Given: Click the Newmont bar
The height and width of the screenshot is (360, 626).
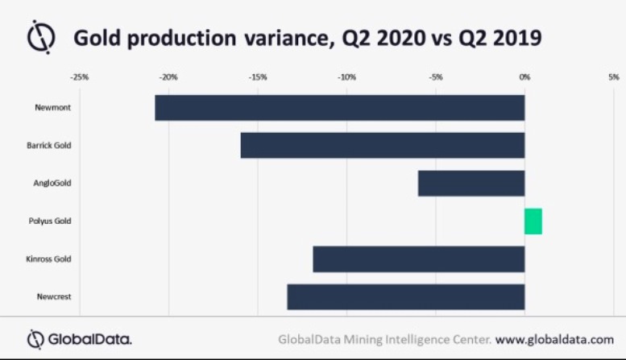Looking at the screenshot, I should tap(339, 108).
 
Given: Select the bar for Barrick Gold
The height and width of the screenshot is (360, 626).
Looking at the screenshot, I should tap(382, 145).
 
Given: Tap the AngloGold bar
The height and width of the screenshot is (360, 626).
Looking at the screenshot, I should tap(471, 183).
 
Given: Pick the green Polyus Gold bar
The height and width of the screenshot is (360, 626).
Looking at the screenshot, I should tap(533, 221).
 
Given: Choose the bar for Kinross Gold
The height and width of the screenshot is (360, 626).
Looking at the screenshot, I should tap(418, 259).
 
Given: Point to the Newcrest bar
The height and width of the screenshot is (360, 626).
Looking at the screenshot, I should tap(405, 296).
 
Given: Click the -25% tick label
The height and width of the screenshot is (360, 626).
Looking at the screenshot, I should tap(79, 77).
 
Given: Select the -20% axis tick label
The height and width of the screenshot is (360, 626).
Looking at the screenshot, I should tap(168, 77).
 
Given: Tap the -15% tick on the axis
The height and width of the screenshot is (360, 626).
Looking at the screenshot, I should tap(257, 77).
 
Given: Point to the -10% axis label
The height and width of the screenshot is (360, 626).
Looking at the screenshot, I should tap(346, 77).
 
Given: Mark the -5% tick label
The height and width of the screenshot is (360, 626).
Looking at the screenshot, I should tap(435, 77).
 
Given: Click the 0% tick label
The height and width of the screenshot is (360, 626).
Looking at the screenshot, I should tap(524, 77).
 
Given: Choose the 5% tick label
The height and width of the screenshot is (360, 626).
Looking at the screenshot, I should tap(613, 77).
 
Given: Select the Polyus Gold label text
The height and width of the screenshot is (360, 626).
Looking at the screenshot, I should tap(51, 221).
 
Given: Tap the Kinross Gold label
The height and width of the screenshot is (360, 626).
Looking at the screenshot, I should tap(50, 259).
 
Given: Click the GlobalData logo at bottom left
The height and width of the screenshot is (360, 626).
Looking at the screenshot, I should tap(80, 338).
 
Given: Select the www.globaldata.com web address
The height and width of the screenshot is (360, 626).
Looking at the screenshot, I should tap(554, 338).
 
